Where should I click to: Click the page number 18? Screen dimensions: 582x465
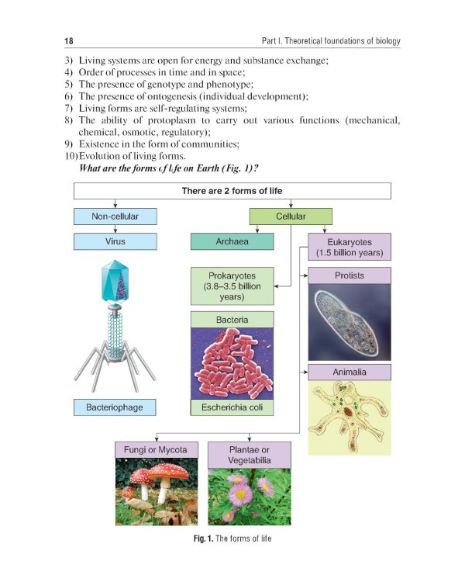pos(68,40)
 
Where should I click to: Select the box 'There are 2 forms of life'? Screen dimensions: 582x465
pos(232,191)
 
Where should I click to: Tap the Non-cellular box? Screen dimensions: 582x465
pos(115,217)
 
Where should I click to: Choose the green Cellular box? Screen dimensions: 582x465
pos(291,217)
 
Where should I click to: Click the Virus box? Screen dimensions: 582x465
pos(115,241)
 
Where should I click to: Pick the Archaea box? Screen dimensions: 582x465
pos(232,241)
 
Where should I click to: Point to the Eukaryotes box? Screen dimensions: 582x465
pos(350,247)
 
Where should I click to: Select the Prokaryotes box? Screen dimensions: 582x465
pos(232,286)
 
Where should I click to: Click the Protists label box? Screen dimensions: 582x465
pos(350,275)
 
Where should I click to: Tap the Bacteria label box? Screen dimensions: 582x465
pos(232,319)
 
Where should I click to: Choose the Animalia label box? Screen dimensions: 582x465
pos(350,372)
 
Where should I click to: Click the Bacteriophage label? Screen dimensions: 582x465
pos(115,407)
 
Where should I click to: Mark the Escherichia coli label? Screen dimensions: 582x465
pos(232,407)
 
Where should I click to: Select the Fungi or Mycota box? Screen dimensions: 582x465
pos(157,449)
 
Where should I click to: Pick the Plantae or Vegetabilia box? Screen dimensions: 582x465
pos(250,454)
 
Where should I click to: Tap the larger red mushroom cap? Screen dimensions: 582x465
pos(169,471)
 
